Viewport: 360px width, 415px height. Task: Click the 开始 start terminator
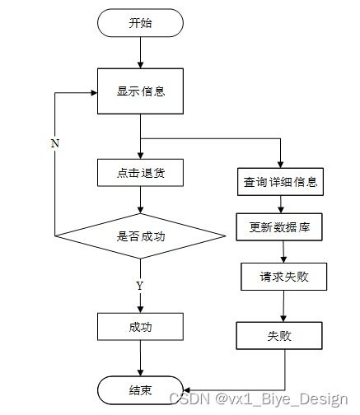(140, 24)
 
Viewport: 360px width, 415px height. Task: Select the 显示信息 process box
(140, 91)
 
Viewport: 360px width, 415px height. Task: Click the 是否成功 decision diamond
(140, 235)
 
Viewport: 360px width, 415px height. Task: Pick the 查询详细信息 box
(281, 182)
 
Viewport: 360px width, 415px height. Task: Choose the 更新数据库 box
(281, 226)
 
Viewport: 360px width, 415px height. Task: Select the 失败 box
(278, 336)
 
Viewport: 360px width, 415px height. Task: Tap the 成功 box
(140, 326)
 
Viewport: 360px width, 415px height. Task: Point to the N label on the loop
(54, 143)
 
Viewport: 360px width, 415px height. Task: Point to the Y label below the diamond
(139, 285)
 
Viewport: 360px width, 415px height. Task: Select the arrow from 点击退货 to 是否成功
(140, 200)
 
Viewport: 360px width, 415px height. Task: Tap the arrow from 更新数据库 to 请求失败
(282, 251)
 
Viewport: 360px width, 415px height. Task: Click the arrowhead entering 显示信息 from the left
(93, 92)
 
